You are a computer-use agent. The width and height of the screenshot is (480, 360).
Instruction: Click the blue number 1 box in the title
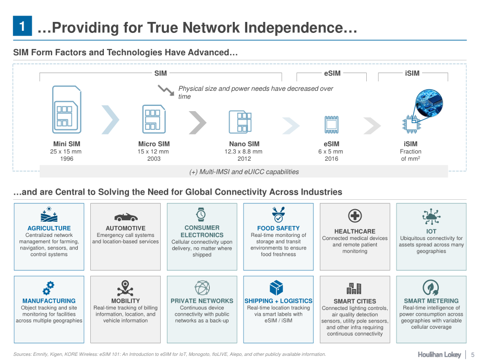tap(22, 26)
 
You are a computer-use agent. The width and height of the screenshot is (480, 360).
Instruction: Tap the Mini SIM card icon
tap(67, 109)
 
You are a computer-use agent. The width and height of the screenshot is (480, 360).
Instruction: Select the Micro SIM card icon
tap(154, 119)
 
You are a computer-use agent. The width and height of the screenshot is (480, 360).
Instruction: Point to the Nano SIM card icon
tap(241, 122)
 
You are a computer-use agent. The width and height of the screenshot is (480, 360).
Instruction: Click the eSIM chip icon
tap(331, 125)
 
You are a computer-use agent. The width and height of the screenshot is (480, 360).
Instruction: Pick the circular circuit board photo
tap(429, 103)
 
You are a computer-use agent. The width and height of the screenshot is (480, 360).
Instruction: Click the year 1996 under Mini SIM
tap(67, 159)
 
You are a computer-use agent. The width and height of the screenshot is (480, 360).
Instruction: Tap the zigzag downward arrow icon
tap(166, 90)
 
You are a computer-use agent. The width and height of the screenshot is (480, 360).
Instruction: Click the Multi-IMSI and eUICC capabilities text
tap(244, 172)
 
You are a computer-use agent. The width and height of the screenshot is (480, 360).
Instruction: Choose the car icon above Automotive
tap(126, 217)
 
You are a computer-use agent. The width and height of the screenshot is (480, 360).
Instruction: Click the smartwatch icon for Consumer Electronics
tap(201, 214)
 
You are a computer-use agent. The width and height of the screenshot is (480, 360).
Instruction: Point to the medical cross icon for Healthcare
tap(355, 216)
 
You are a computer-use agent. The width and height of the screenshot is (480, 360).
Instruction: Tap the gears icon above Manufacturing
tap(49, 288)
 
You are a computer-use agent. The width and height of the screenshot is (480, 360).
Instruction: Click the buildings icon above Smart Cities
tap(354, 288)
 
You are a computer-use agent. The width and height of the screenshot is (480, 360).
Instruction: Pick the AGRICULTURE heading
tap(49, 228)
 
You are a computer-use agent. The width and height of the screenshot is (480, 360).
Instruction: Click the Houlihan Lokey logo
tap(439, 354)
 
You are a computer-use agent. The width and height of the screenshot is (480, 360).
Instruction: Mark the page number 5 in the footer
tap(473, 354)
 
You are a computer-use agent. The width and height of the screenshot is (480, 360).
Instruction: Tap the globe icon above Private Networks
tap(202, 288)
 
